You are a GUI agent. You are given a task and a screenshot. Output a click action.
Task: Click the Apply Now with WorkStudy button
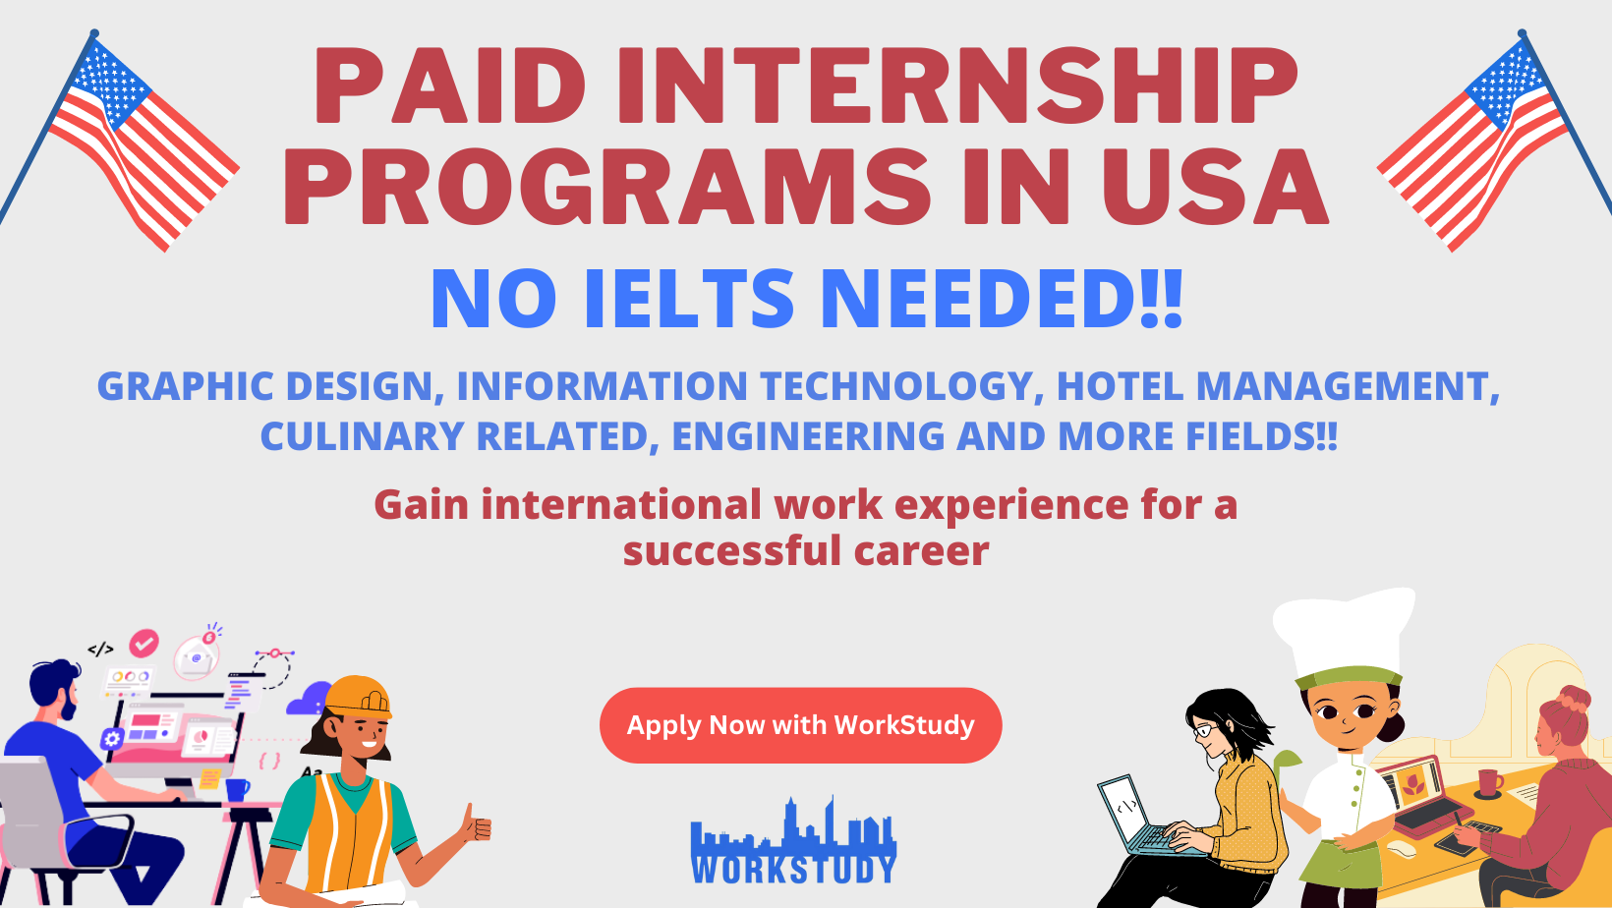tap(800, 725)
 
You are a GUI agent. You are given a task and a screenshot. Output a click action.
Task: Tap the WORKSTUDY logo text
tap(794, 869)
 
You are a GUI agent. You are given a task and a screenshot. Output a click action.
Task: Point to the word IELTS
tap(689, 299)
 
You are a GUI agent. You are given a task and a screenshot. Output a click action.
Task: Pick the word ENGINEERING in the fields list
tap(809, 436)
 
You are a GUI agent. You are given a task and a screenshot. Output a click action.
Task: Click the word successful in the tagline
tap(732, 551)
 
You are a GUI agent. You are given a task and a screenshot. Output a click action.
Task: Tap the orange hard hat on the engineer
tap(358, 697)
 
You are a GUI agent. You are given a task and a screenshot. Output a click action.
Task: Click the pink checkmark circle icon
tap(144, 644)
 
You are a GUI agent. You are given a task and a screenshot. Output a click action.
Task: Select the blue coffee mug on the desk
tap(237, 789)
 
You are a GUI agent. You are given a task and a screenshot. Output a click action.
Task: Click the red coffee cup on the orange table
tap(1490, 782)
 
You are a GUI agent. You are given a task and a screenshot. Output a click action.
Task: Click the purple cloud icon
tap(309, 699)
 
